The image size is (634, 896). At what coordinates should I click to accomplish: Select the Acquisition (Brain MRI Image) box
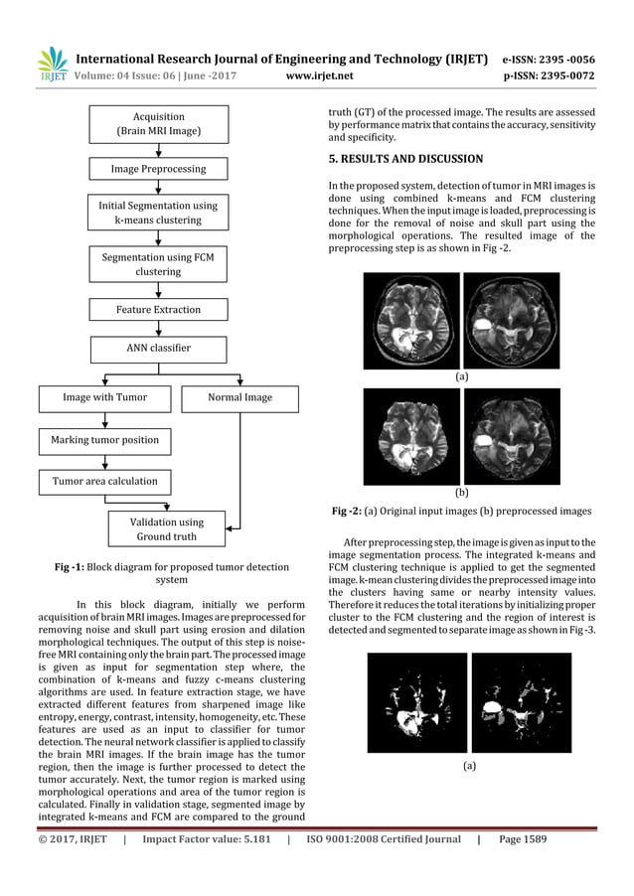(158, 124)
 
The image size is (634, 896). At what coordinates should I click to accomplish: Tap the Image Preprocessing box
(158, 169)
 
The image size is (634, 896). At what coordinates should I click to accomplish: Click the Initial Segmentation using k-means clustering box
(158, 213)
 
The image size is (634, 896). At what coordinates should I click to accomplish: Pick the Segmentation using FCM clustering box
(158, 264)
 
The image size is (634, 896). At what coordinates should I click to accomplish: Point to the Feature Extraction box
(158, 310)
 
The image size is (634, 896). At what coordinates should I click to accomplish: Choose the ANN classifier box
(158, 349)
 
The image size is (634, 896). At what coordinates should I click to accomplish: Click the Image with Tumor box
(105, 398)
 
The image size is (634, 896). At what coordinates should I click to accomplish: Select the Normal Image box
(239, 398)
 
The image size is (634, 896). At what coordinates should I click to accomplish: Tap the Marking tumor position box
(105, 439)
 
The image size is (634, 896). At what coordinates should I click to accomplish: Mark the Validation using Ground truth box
(166, 529)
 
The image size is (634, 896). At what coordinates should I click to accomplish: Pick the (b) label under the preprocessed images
(461, 492)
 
